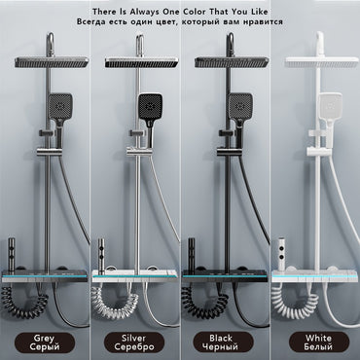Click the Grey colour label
(x=45, y=342)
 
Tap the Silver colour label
(x=134, y=342)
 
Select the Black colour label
(x=223, y=342)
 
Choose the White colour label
(x=319, y=342)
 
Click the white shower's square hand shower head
(x=330, y=106)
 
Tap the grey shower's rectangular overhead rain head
(x=52, y=62)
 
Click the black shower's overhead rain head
(x=232, y=62)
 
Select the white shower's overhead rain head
(x=322, y=62)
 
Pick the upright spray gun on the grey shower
(x=12, y=255)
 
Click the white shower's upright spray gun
(x=282, y=255)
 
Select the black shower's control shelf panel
(x=225, y=275)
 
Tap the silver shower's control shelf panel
(x=135, y=275)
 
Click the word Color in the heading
(x=195, y=12)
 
